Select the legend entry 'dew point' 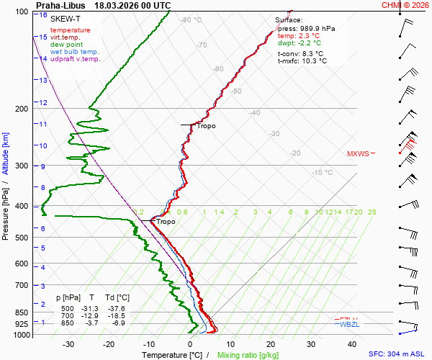tap(67, 45)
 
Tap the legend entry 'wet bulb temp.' tap(74, 52)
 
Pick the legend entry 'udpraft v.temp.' tap(75, 59)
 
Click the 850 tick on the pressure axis tap(21, 312)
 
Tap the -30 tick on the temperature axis tap(68, 344)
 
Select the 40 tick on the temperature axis tap(312, 344)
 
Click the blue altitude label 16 tap(43, 15)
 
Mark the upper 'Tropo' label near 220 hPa tap(206, 126)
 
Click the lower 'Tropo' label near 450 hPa tap(166, 222)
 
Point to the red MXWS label tap(357, 153)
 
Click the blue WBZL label tap(348, 325)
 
